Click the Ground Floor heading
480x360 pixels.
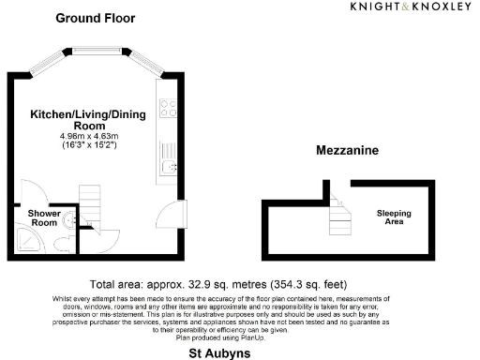click(x=95, y=18)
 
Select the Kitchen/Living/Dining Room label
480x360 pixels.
click(x=69, y=119)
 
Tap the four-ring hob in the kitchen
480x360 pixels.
click(x=169, y=108)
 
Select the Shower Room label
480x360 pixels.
click(x=43, y=217)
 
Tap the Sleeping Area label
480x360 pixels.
click(x=394, y=217)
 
